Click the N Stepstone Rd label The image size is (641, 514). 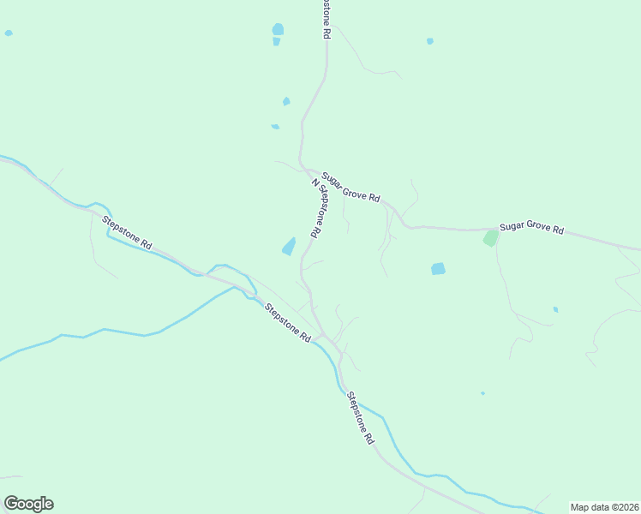point(316,208)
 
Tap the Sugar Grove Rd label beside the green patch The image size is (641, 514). point(531,227)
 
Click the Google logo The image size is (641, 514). point(28,504)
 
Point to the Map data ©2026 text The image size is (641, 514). point(604,507)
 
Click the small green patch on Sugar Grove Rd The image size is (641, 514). point(490,237)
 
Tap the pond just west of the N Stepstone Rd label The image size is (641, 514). point(289,247)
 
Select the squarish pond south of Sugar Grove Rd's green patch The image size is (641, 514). point(438,269)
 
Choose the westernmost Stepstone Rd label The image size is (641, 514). point(127,233)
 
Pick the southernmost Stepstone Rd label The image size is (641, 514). point(361,417)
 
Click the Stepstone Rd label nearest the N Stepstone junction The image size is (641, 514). point(287,324)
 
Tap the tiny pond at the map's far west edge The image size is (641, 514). point(9,33)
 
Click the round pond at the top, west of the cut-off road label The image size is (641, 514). point(278,30)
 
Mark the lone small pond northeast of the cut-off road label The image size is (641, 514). point(429,41)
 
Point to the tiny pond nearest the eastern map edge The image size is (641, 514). point(555,309)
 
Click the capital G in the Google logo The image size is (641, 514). point(11,504)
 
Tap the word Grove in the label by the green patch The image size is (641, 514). point(536,227)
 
